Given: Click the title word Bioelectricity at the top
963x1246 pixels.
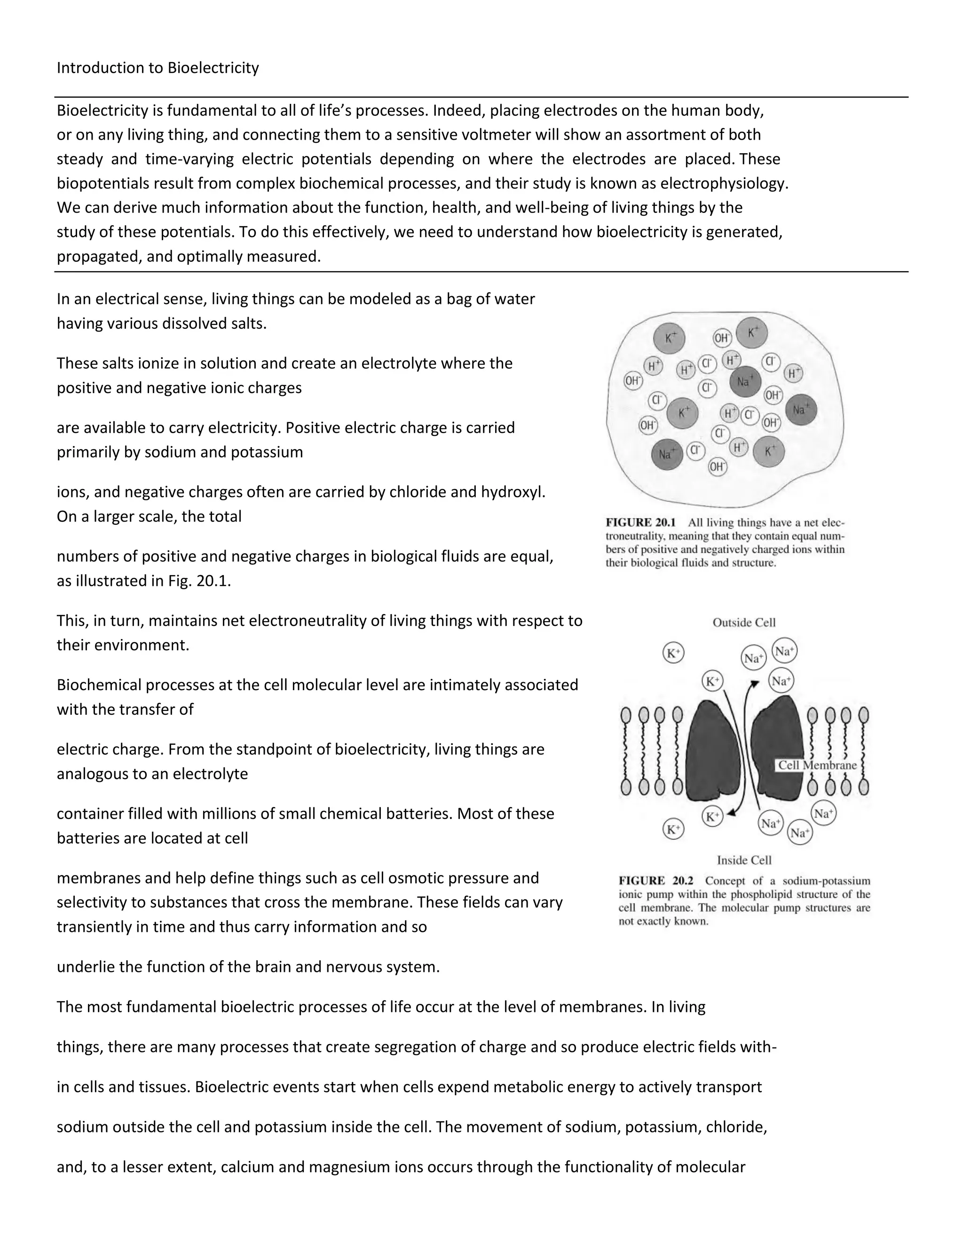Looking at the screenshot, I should (x=213, y=68).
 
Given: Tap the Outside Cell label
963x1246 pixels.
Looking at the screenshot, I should (x=744, y=623).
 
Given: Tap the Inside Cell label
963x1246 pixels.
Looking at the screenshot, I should (x=744, y=860).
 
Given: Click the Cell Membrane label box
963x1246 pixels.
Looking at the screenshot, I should (x=817, y=765).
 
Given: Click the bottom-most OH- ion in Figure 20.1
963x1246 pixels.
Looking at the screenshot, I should (x=717, y=467).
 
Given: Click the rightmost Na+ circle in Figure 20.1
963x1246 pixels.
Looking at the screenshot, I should (x=801, y=410).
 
